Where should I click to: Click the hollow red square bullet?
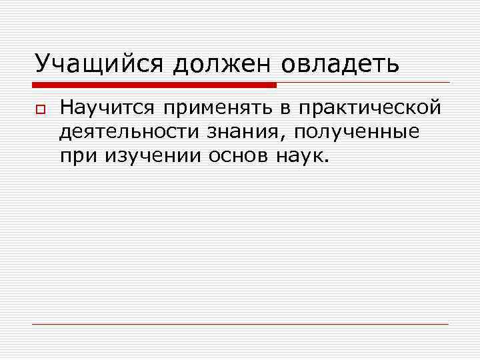(39, 109)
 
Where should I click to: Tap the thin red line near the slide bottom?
(240, 324)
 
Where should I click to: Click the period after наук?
(325, 161)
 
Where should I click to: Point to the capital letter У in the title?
(43, 64)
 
